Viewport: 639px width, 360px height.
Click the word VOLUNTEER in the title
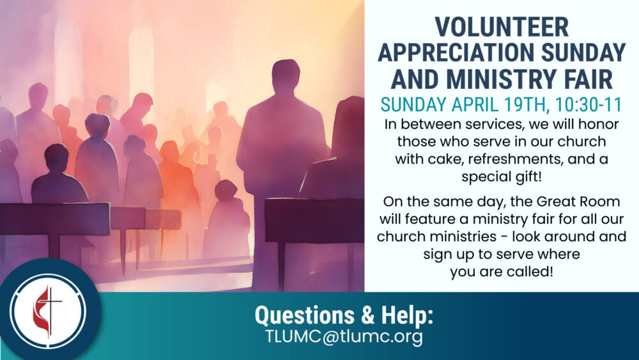(502, 27)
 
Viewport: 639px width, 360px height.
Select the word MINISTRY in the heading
(501, 79)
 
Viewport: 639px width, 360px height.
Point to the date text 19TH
(525, 105)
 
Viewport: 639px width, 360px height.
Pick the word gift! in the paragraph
(528, 177)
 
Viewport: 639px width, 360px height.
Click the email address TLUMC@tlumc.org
(344, 337)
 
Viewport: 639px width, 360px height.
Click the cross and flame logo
(48, 311)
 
